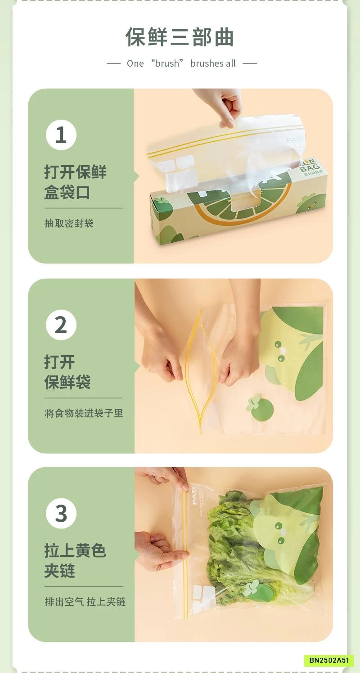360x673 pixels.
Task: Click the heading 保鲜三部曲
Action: [x=180, y=37]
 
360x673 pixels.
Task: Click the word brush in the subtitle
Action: [x=167, y=63]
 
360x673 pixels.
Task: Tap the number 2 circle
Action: [x=61, y=325]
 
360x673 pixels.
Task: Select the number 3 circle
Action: [x=61, y=513]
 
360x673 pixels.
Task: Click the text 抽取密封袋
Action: [x=69, y=223]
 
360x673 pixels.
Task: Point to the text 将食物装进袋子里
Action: [x=84, y=413]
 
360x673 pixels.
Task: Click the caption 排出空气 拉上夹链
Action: [x=85, y=601]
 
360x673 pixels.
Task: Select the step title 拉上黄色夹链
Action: [x=75, y=560]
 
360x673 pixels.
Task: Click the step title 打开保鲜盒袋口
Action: [x=75, y=182]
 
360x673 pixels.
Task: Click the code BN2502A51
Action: [x=329, y=660]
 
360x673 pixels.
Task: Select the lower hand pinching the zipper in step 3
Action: [x=157, y=549]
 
